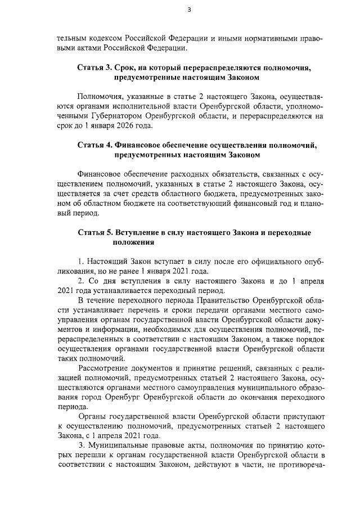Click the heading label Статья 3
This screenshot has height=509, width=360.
94,67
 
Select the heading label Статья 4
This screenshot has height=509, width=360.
94,145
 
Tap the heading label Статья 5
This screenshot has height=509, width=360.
94,232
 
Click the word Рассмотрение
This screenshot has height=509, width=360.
104,368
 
